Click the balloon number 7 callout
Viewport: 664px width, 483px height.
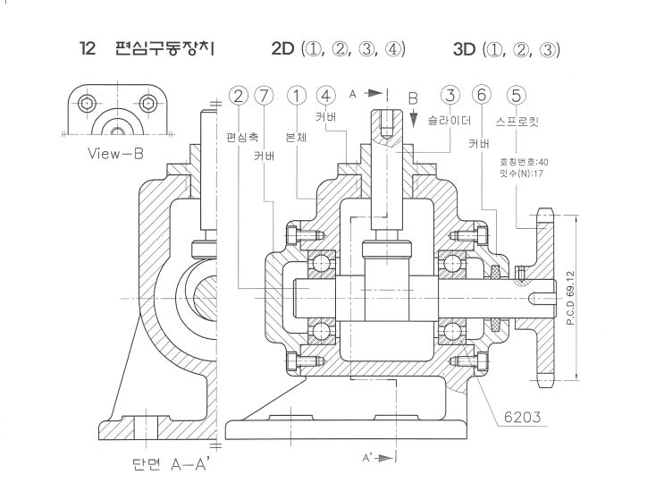click(x=265, y=94)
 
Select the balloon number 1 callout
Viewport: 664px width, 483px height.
click(x=298, y=94)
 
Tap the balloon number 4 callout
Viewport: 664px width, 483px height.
click(x=327, y=94)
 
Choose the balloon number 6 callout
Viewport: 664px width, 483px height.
click(x=483, y=94)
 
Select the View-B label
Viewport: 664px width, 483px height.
click(x=115, y=153)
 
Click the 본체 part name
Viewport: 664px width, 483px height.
click(x=296, y=139)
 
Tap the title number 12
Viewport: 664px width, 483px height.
click(x=88, y=48)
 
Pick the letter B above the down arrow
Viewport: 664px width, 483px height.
click(x=413, y=98)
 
